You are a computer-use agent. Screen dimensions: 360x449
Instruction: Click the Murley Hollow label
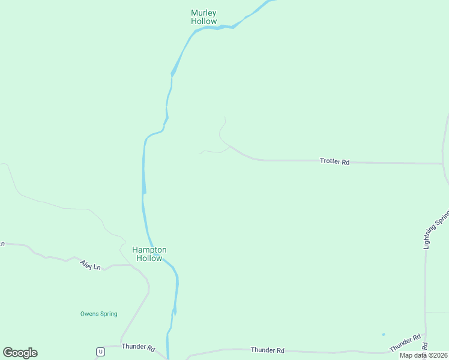pos(203,17)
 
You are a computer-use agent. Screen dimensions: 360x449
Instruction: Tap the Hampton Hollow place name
pos(149,254)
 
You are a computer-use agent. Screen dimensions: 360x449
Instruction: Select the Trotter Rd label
pos(334,161)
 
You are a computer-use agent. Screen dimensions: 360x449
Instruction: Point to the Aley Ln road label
pos(90,265)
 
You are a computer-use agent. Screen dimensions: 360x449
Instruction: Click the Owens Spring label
pos(99,314)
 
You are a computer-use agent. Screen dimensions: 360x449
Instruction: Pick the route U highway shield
pos(100,352)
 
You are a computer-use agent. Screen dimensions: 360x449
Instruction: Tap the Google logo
pos(20,353)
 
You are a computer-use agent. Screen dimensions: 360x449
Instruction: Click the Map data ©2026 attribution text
pos(424,355)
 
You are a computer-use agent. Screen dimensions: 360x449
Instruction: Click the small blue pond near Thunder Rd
pos(383,334)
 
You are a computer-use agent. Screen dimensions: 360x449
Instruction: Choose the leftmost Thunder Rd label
pos(138,347)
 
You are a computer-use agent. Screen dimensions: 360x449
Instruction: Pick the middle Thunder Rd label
pos(267,350)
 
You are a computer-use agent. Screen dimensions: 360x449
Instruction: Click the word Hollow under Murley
pos(204,21)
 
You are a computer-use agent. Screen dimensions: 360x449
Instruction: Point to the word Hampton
pos(149,250)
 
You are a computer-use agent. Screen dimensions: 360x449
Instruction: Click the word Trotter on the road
pos(330,161)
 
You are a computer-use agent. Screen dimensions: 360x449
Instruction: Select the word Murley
pos(203,13)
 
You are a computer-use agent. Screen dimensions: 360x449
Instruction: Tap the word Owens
pos(89,314)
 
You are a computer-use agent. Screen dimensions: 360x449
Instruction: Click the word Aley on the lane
pos(86,264)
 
